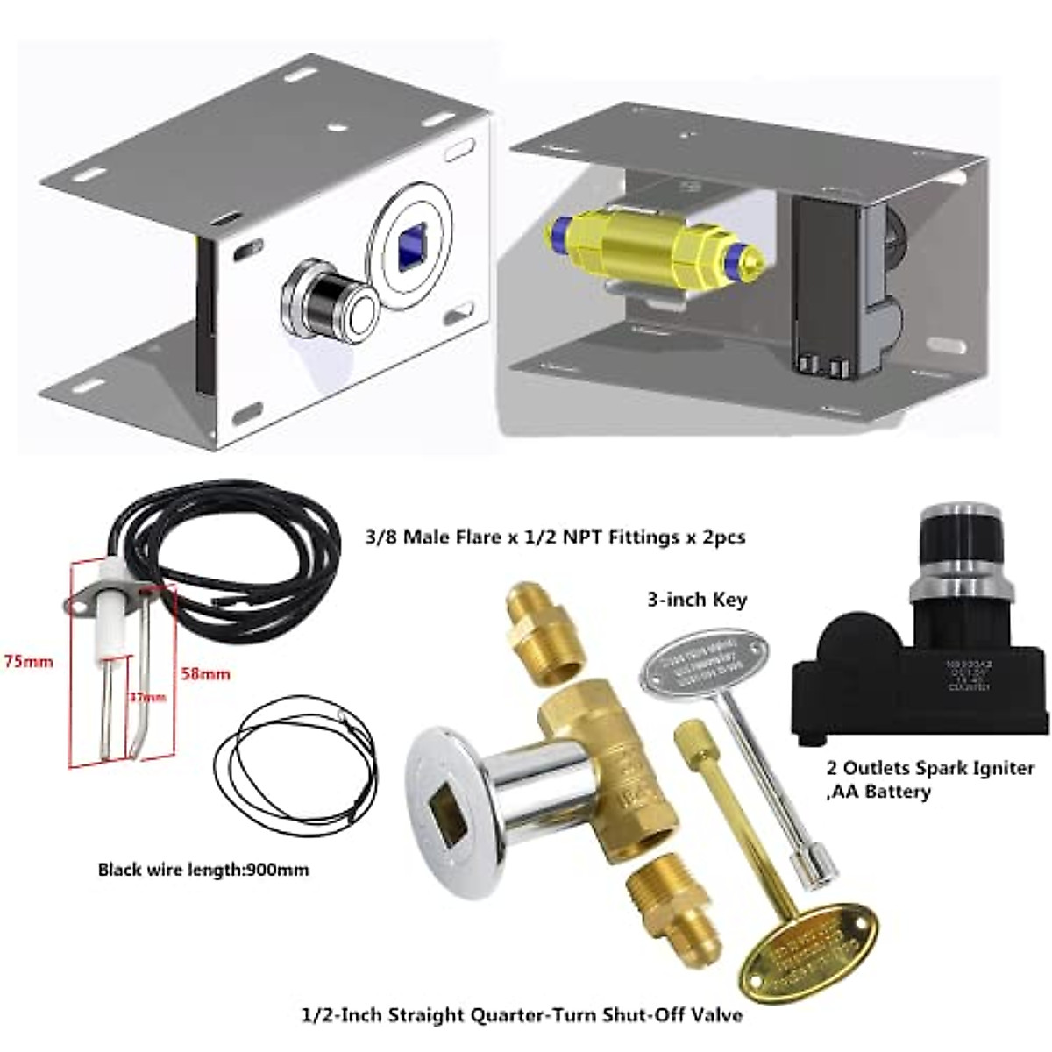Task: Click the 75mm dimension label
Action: (x=28, y=661)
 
